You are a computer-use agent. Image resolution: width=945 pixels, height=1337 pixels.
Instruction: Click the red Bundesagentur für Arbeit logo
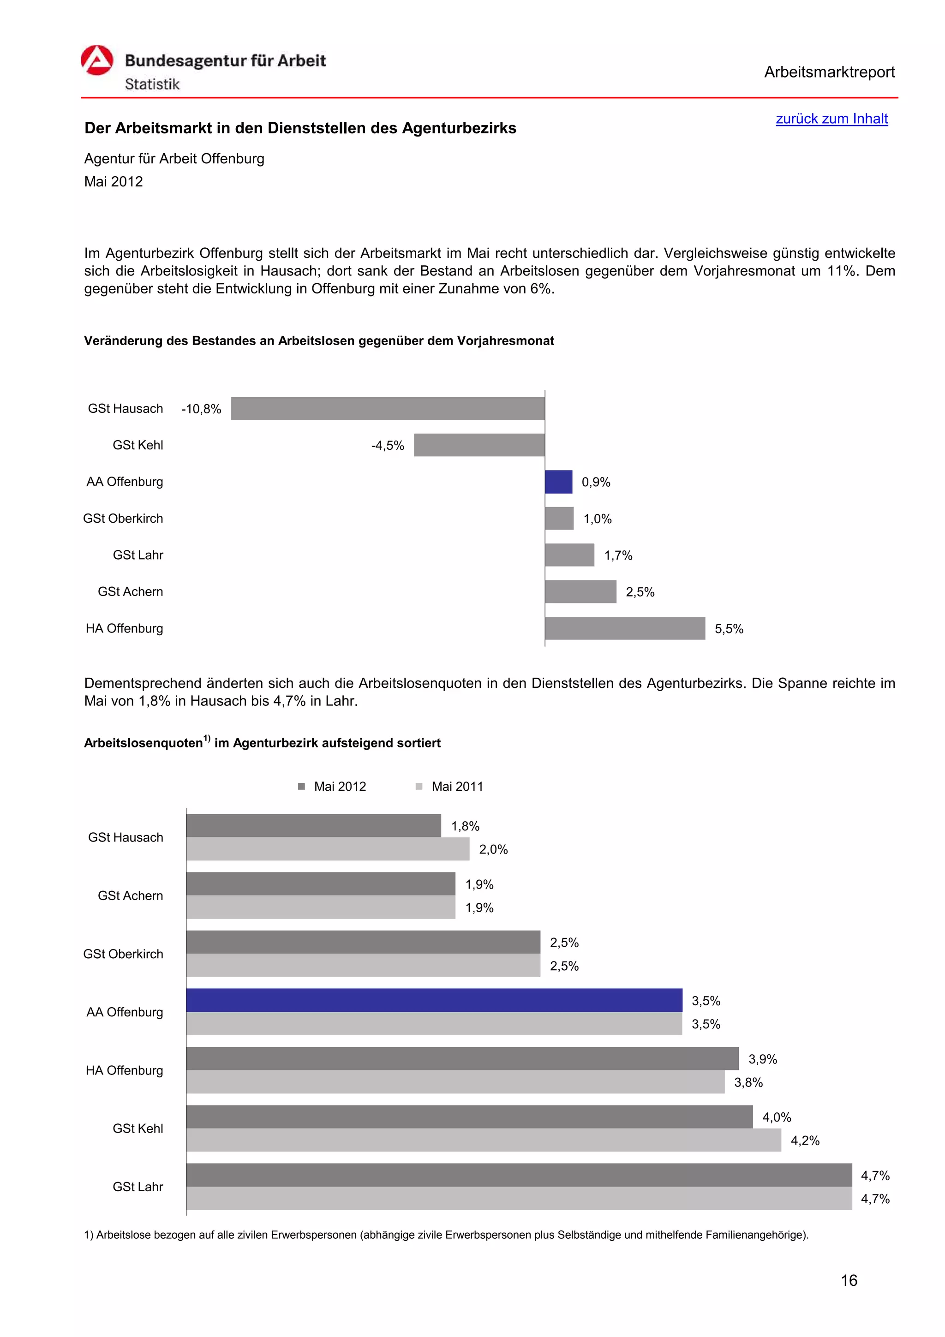tap(96, 60)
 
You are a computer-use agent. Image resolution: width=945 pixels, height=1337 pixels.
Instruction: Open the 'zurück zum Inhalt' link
tap(831, 119)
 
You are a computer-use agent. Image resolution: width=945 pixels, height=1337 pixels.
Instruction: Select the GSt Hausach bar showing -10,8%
tap(387, 408)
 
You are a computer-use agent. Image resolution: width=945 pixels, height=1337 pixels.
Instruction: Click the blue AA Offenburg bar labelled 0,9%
tap(558, 482)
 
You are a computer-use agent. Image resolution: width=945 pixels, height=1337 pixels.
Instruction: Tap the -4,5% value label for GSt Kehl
tap(387, 446)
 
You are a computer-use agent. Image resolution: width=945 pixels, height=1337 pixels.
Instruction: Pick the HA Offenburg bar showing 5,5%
tap(625, 628)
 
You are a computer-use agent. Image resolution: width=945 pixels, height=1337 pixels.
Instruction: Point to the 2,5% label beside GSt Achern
tap(640, 592)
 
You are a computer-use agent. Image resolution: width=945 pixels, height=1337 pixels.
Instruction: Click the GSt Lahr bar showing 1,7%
tap(569, 555)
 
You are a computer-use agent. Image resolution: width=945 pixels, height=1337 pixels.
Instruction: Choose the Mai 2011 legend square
tap(419, 786)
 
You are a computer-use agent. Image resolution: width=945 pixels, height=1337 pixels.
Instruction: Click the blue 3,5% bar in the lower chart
tap(434, 1000)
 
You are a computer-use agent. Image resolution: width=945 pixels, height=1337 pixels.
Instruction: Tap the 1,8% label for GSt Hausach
tap(465, 826)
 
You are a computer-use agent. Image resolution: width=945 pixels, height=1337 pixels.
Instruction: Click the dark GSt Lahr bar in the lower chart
tap(519, 1175)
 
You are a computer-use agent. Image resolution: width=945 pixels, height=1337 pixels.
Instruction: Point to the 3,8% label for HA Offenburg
tap(748, 1082)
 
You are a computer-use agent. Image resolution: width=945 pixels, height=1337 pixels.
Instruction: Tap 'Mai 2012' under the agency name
tap(114, 182)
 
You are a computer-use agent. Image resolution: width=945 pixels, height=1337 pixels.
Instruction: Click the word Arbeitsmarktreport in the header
tap(829, 72)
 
